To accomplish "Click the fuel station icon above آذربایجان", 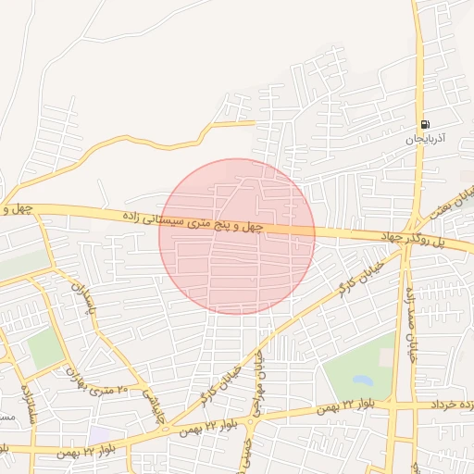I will pyautogui.click(x=425, y=124).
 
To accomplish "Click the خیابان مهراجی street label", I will pyautogui.click(x=258, y=380).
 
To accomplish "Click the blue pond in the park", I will pyautogui.click(x=362, y=380).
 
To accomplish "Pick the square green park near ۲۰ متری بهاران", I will pyautogui.click(x=44, y=348).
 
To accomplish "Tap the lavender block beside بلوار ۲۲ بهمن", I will pyautogui.click(x=99, y=433).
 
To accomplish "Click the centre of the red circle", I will pyautogui.click(x=237, y=236).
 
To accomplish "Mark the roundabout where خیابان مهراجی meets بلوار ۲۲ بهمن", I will pyautogui.click(x=253, y=417).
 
